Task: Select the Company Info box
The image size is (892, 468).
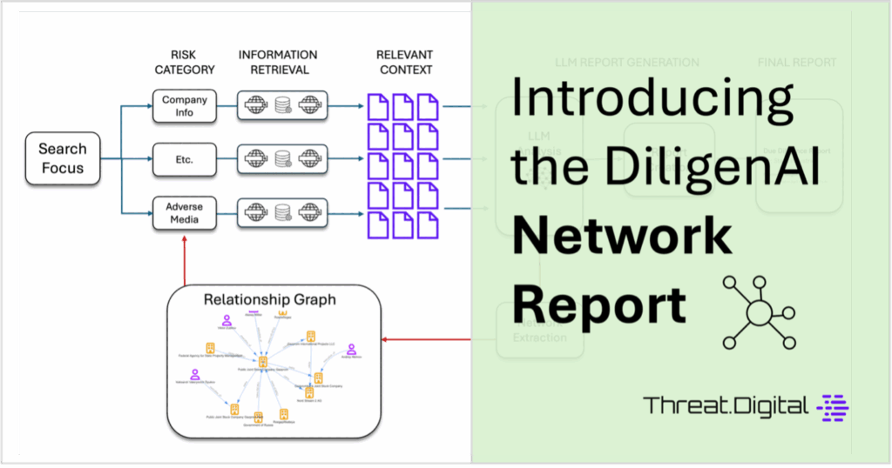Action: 184,106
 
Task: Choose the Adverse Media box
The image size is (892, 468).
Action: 184,212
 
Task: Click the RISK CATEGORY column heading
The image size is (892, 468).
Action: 184,62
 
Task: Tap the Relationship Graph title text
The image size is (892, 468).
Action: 270,300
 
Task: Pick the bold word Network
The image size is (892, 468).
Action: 621,236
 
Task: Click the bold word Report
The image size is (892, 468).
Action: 598,304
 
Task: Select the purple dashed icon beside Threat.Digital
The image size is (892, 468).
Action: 834,405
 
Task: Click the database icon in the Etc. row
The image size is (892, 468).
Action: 283,158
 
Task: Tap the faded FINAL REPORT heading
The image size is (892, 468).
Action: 797,63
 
